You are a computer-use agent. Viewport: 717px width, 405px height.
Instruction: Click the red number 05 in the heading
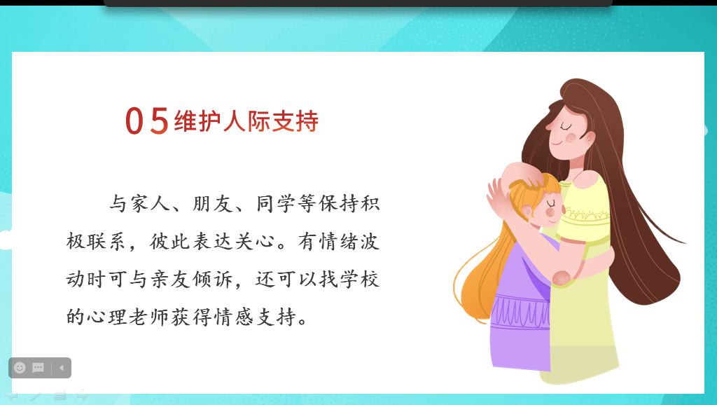pyautogui.click(x=147, y=121)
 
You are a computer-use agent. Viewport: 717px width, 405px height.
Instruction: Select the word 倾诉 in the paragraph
pyautogui.click(x=213, y=279)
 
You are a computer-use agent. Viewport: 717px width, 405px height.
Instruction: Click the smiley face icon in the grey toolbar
pyautogui.click(x=20, y=367)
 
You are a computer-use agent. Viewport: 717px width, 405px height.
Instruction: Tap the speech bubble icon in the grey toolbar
pyautogui.click(x=38, y=367)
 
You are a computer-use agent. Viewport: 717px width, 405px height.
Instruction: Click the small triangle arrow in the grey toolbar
pyautogui.click(x=62, y=367)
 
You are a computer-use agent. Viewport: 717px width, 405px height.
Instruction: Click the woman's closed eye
pyautogui.click(x=566, y=125)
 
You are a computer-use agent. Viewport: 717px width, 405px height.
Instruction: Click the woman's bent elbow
pyautogui.click(x=562, y=277)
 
